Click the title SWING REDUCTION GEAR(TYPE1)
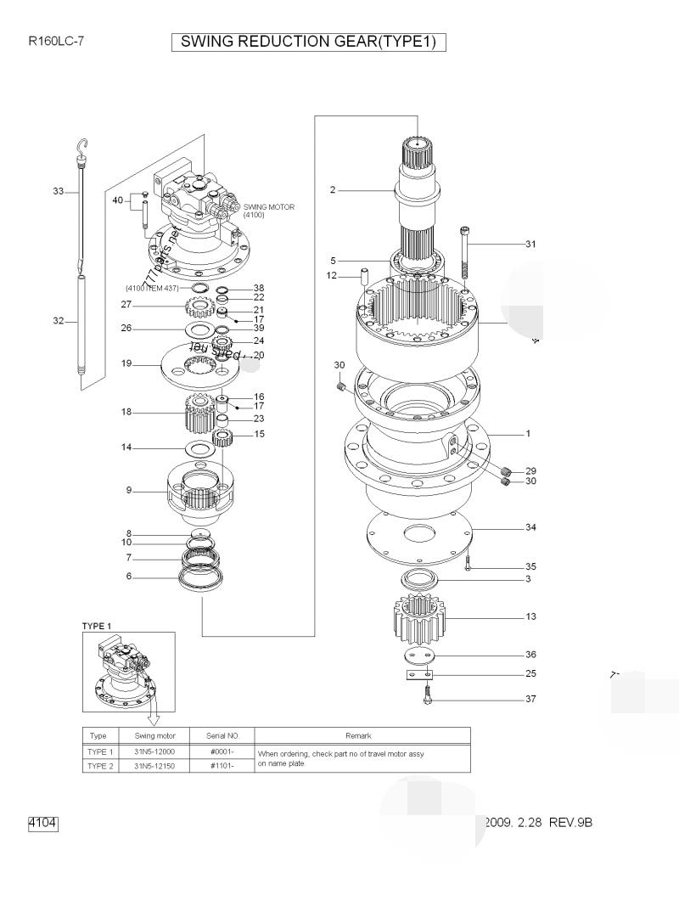[309, 42]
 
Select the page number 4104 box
[42, 823]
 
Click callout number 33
[59, 192]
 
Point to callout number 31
[530, 245]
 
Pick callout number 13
[530, 616]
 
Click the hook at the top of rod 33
[82, 149]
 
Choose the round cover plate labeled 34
[418, 537]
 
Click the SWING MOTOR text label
[269, 207]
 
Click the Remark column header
[358, 735]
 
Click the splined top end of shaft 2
[418, 153]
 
